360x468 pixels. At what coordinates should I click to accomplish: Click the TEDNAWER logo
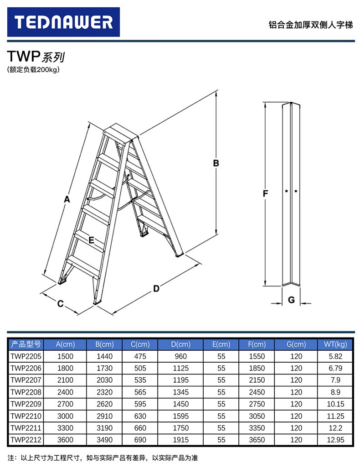point(63,22)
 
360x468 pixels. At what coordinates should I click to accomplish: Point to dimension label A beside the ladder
point(67,199)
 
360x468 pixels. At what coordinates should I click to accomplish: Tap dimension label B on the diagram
point(216,163)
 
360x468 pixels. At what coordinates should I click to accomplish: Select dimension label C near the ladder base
point(60,304)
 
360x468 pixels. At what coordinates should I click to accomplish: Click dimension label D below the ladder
point(156,288)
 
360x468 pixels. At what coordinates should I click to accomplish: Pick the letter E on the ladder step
point(91,240)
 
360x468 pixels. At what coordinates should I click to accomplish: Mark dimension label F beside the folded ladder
point(266,193)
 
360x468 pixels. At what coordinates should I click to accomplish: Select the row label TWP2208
point(26,392)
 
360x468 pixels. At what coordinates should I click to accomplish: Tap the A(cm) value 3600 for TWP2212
point(65,440)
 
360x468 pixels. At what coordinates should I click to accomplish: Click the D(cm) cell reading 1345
point(180,392)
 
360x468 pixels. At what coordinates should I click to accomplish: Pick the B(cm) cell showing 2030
point(104,380)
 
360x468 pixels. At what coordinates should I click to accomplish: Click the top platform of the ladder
point(120,132)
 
